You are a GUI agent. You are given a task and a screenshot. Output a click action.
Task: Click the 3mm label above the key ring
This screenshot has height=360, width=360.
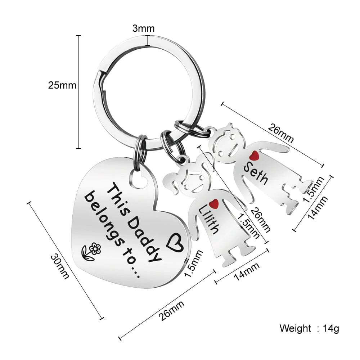[143, 28]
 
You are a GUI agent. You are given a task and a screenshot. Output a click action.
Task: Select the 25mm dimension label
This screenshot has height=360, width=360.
[62, 86]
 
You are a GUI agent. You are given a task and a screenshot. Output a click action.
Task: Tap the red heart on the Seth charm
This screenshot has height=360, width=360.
[255, 156]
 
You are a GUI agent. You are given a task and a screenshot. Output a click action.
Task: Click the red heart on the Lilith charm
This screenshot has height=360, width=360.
[215, 204]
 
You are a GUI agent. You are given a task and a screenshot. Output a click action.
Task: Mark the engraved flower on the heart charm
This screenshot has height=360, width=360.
[90, 251]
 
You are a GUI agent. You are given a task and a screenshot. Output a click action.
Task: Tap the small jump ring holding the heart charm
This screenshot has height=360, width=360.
[140, 148]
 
